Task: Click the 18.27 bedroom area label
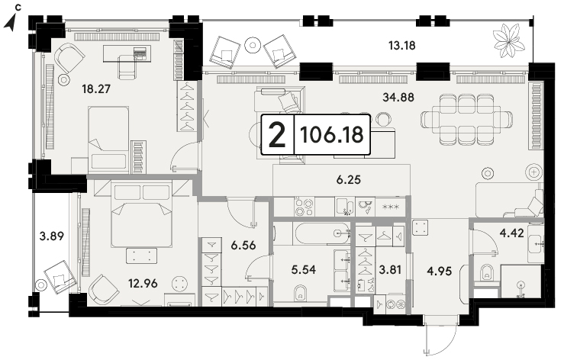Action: coord(96,88)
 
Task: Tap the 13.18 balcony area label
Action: coord(401,46)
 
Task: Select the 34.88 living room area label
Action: coord(398,97)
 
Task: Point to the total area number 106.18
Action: coord(332,135)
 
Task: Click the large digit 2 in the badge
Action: coord(277,135)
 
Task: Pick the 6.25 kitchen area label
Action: coord(349,179)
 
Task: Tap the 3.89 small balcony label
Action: coord(51,236)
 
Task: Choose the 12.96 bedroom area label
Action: coord(143,284)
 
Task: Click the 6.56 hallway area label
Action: coord(243,246)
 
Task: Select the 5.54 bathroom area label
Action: coord(304,270)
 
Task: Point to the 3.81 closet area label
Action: coord(390,269)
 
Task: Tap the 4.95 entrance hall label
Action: coord(439,271)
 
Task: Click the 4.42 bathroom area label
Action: coord(512,233)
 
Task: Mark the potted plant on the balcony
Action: coord(508,40)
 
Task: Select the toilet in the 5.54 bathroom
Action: coord(300,293)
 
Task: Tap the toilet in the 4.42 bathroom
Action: coord(486,273)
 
